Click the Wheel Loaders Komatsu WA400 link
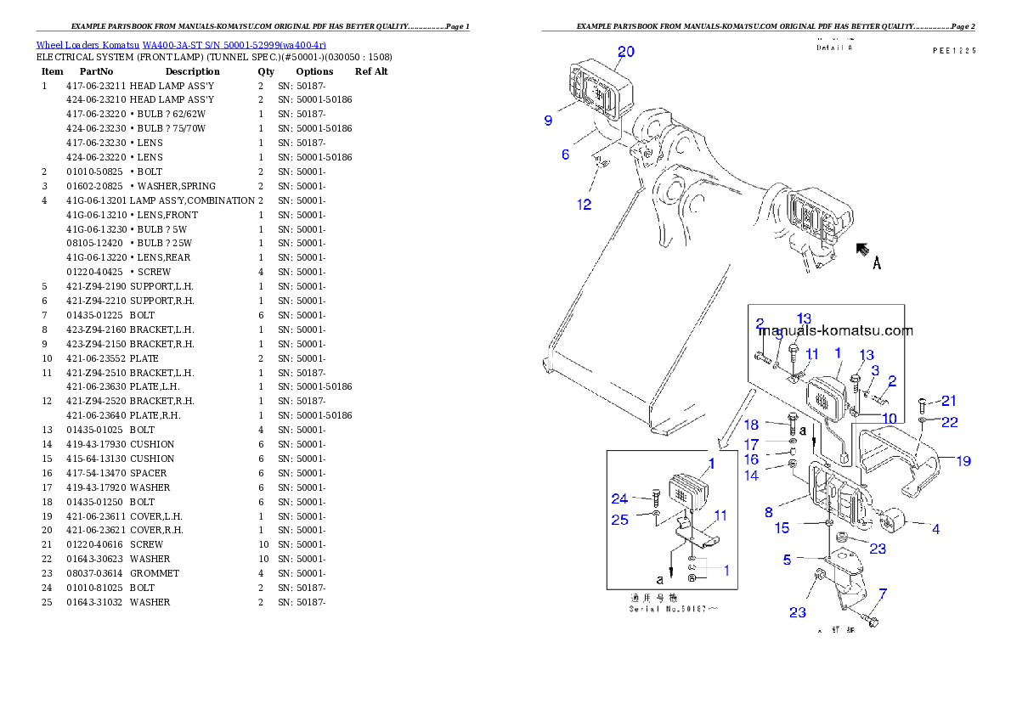coord(180,45)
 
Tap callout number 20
coord(625,52)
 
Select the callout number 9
coord(548,121)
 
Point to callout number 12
coord(585,205)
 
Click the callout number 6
coord(565,155)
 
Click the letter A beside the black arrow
coord(877,263)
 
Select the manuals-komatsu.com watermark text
coord(835,331)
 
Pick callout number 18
coord(752,425)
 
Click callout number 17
coord(751,444)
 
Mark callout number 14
coord(751,476)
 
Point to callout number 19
coord(963,462)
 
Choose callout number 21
coord(949,401)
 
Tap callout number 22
coord(949,422)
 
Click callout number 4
coord(935,529)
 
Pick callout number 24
coord(619,498)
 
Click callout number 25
coord(619,520)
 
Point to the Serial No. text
coord(673,609)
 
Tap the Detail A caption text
coord(834,48)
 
